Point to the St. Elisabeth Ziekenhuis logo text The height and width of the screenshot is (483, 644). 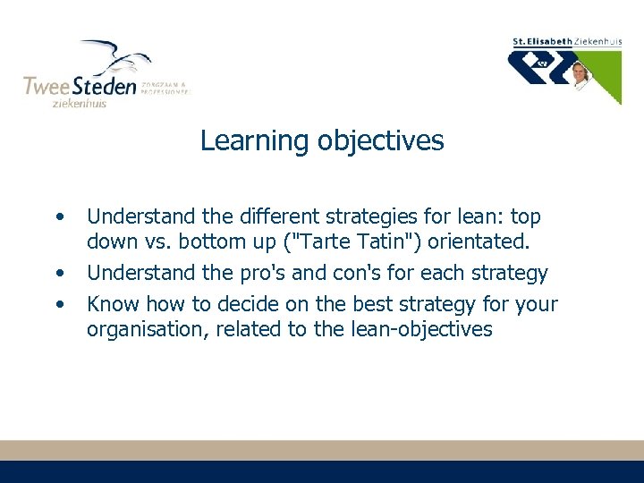565,41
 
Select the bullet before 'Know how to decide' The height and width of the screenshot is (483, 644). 59,304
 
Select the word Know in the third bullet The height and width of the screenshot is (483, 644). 113,304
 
